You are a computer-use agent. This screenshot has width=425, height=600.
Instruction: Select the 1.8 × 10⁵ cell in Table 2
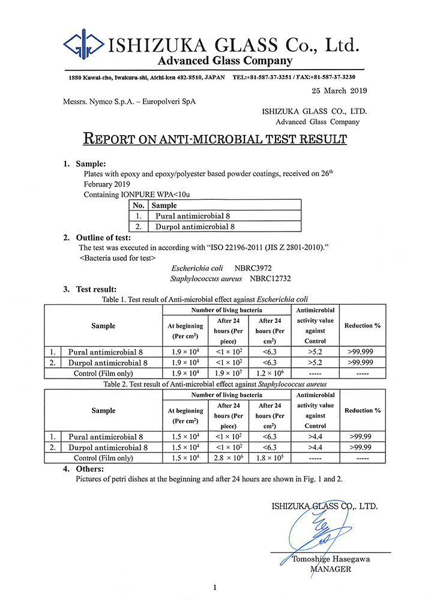270,458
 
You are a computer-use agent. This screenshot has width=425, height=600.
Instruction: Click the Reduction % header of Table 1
362,326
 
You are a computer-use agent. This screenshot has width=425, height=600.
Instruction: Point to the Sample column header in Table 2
103,410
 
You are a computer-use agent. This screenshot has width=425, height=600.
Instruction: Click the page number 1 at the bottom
214,587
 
